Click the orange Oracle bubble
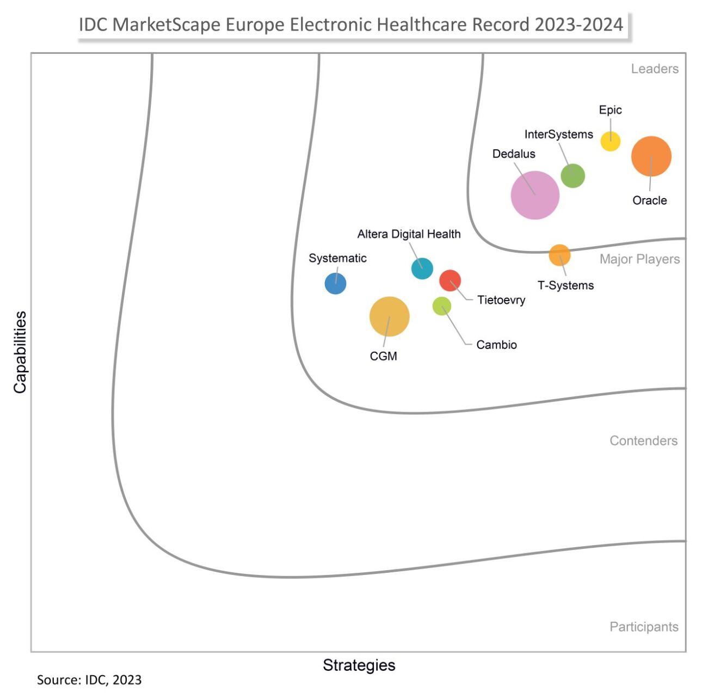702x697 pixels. click(x=651, y=156)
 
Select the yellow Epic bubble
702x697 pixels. click(x=610, y=141)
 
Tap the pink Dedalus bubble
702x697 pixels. click(x=535, y=195)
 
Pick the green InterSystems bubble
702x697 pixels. click(x=572, y=176)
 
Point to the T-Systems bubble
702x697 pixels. click(x=559, y=255)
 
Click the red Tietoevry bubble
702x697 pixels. click(x=450, y=280)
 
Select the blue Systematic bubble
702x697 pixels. click(x=335, y=284)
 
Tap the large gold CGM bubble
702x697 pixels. click(x=389, y=316)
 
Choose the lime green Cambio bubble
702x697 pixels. click(x=441, y=306)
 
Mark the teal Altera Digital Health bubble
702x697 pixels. click(x=422, y=268)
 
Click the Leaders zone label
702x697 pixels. click(x=655, y=69)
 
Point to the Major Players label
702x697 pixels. click(x=639, y=259)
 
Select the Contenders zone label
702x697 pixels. click(x=643, y=441)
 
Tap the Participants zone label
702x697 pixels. click(x=644, y=627)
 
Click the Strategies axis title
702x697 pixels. click(x=359, y=665)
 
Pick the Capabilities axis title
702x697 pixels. click(x=20, y=352)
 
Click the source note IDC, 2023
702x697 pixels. click(x=89, y=680)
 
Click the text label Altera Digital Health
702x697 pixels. click(x=409, y=234)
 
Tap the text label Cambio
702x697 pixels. click(x=496, y=345)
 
